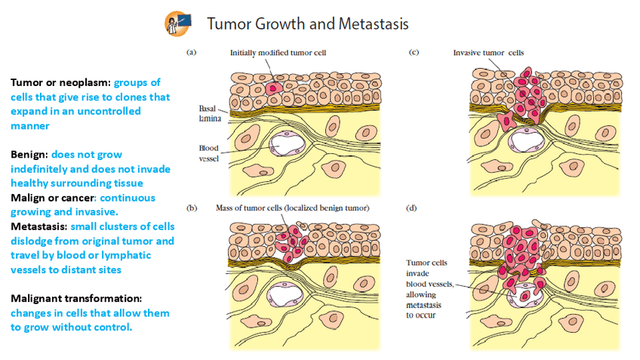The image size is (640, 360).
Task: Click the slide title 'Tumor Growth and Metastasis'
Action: [x=307, y=23]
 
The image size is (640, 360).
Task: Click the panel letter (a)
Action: [x=192, y=53]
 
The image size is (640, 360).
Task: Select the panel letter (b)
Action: [x=192, y=207]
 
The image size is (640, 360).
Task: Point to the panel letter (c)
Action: [x=413, y=53]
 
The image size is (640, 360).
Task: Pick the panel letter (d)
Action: [x=413, y=207]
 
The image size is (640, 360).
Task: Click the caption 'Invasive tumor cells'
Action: [x=488, y=53]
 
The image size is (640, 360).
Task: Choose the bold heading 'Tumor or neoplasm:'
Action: [x=60, y=82]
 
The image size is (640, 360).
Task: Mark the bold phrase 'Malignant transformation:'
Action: [x=76, y=298]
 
